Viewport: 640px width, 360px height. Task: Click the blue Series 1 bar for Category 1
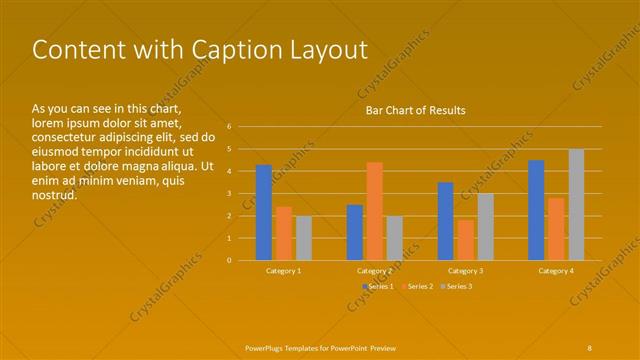coord(263,212)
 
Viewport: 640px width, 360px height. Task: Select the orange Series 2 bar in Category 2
coord(374,211)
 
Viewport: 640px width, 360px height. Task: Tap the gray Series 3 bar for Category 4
coord(576,204)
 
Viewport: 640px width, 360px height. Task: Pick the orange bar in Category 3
coord(465,240)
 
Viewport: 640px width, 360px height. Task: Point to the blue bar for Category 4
coord(536,210)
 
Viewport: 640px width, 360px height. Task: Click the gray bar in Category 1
coord(304,238)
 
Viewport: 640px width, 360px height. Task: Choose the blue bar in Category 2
coord(355,232)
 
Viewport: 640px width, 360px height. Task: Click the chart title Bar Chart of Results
coord(415,110)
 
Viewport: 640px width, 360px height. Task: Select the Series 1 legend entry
coord(378,287)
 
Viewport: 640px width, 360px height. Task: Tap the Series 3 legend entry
coord(457,287)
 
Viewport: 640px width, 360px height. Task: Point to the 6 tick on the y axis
coord(229,127)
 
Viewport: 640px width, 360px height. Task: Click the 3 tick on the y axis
coord(229,193)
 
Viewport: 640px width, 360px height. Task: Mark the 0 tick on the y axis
coord(229,260)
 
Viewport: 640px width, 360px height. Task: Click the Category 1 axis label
coord(283,271)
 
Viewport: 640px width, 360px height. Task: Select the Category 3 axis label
coord(465,271)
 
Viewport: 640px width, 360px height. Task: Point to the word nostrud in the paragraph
coord(55,195)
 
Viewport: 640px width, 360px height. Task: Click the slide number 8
coord(590,347)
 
